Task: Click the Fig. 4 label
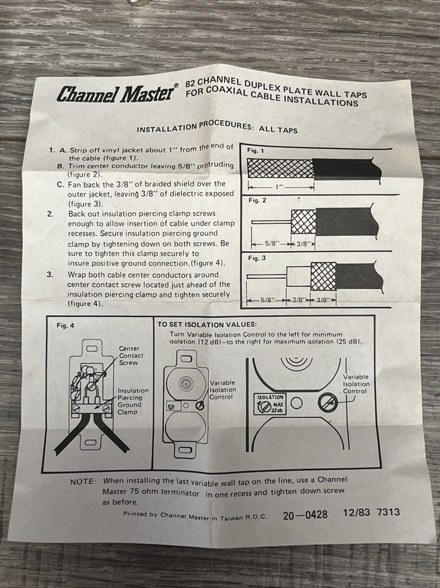66,325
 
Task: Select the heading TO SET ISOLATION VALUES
206,323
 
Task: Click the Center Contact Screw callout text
130,356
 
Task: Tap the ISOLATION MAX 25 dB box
271,404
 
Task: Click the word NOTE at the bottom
83,481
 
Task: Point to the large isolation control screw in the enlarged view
327,403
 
